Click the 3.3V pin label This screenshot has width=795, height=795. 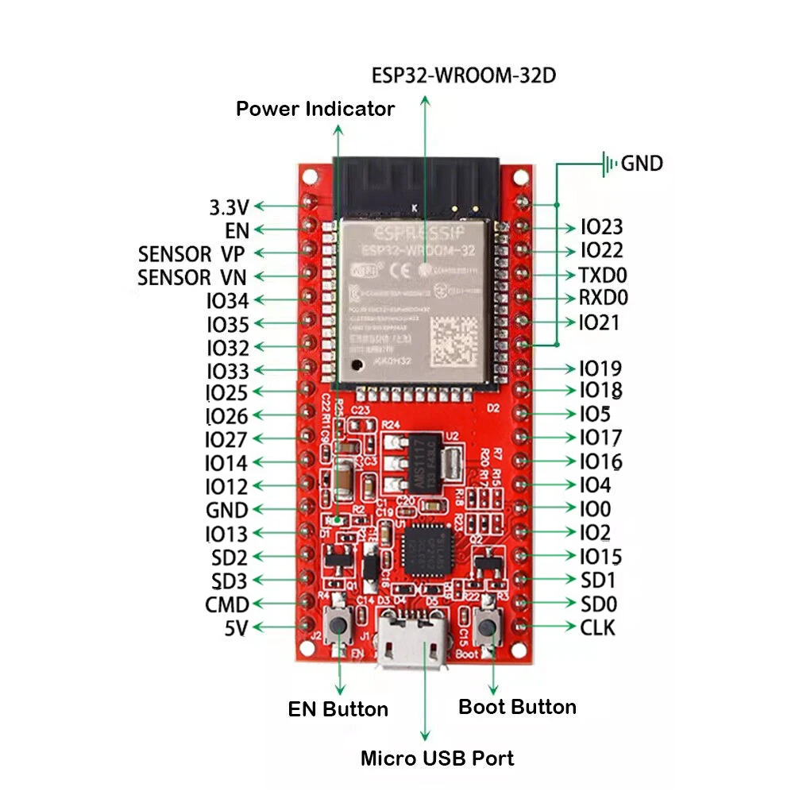[x=229, y=207]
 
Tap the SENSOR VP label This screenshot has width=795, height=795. [x=191, y=254]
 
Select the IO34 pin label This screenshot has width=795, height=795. [x=227, y=301]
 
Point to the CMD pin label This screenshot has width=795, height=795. [x=226, y=604]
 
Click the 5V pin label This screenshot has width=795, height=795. [x=235, y=628]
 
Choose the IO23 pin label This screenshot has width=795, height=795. [x=601, y=228]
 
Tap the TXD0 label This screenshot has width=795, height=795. [x=604, y=275]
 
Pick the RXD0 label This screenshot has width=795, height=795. [x=604, y=299]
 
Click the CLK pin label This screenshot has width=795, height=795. [x=597, y=627]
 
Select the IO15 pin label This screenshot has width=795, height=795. [x=600, y=557]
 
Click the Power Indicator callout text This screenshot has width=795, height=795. [x=315, y=109]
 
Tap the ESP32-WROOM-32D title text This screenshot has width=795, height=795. [x=464, y=75]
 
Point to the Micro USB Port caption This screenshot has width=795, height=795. [x=437, y=758]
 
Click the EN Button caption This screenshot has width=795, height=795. [x=338, y=709]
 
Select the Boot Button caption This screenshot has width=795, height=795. [x=517, y=707]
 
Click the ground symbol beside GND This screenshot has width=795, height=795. [x=609, y=164]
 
